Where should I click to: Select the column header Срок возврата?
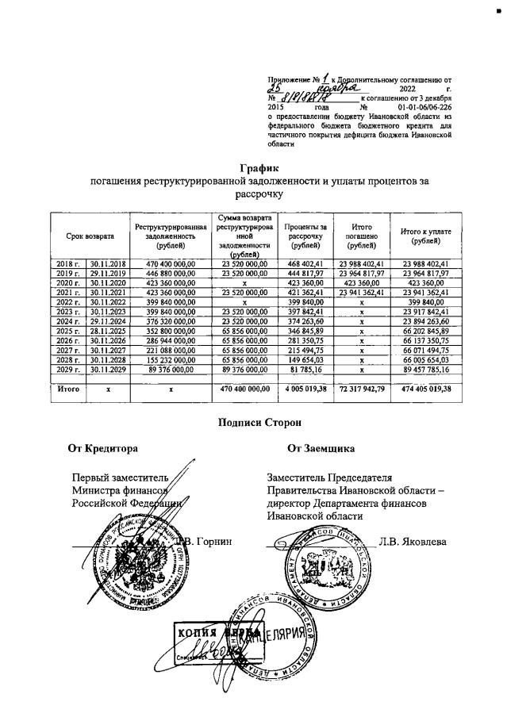[90, 236]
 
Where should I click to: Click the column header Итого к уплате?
[426, 236]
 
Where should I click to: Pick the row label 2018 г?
[67, 263]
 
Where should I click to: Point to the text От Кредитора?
[103, 449]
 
